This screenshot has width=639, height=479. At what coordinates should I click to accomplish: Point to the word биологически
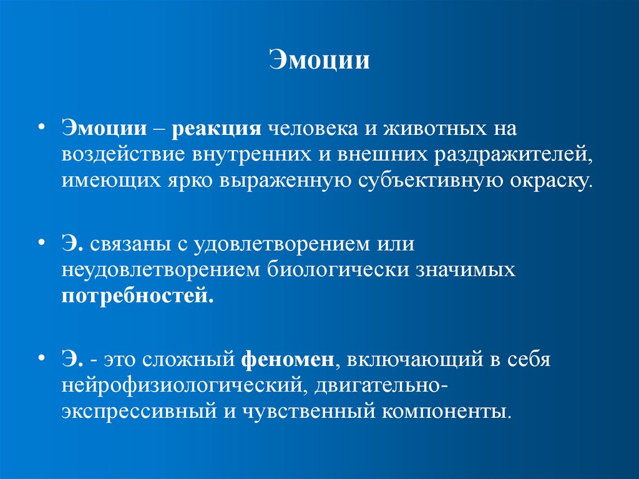[339, 269]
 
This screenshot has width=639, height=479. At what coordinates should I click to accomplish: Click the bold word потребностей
[137, 294]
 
